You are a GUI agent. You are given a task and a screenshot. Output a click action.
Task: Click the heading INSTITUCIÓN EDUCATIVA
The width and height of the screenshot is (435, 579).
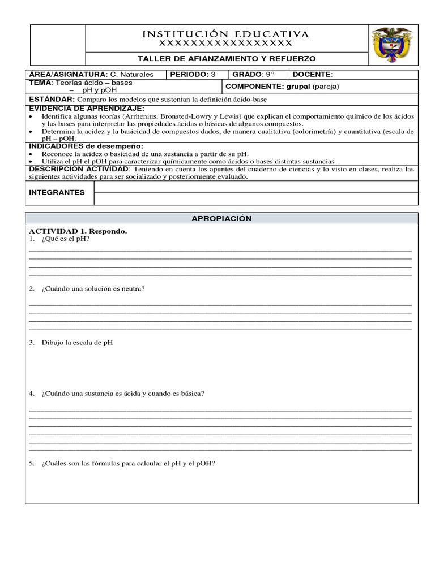coord(225,34)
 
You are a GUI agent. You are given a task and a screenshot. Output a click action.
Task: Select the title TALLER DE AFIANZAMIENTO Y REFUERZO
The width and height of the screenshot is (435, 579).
coord(227,59)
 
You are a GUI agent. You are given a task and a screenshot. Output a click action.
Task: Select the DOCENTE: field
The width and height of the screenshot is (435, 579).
coord(313,75)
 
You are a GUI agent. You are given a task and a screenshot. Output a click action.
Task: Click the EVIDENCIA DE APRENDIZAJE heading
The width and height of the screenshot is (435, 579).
coord(87,107)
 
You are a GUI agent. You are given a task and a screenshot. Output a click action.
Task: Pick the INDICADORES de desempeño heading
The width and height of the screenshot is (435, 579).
coord(86,146)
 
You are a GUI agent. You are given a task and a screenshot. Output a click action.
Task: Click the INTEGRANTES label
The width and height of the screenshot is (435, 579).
coord(57,192)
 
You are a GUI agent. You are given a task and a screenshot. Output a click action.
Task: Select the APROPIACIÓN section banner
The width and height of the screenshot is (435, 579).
coord(221,218)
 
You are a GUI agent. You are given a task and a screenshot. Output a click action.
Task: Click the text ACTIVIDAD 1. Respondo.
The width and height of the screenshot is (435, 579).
coord(78,231)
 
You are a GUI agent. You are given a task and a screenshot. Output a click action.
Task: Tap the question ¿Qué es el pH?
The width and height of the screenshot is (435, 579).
coord(65,239)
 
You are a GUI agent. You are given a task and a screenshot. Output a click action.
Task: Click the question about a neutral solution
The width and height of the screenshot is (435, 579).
coord(92,289)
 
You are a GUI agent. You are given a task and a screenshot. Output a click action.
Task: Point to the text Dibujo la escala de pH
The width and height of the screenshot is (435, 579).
coord(76,343)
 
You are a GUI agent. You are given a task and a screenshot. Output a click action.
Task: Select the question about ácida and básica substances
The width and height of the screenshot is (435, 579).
coord(122,394)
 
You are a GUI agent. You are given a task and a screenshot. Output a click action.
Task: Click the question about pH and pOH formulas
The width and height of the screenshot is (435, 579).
coord(128,464)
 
